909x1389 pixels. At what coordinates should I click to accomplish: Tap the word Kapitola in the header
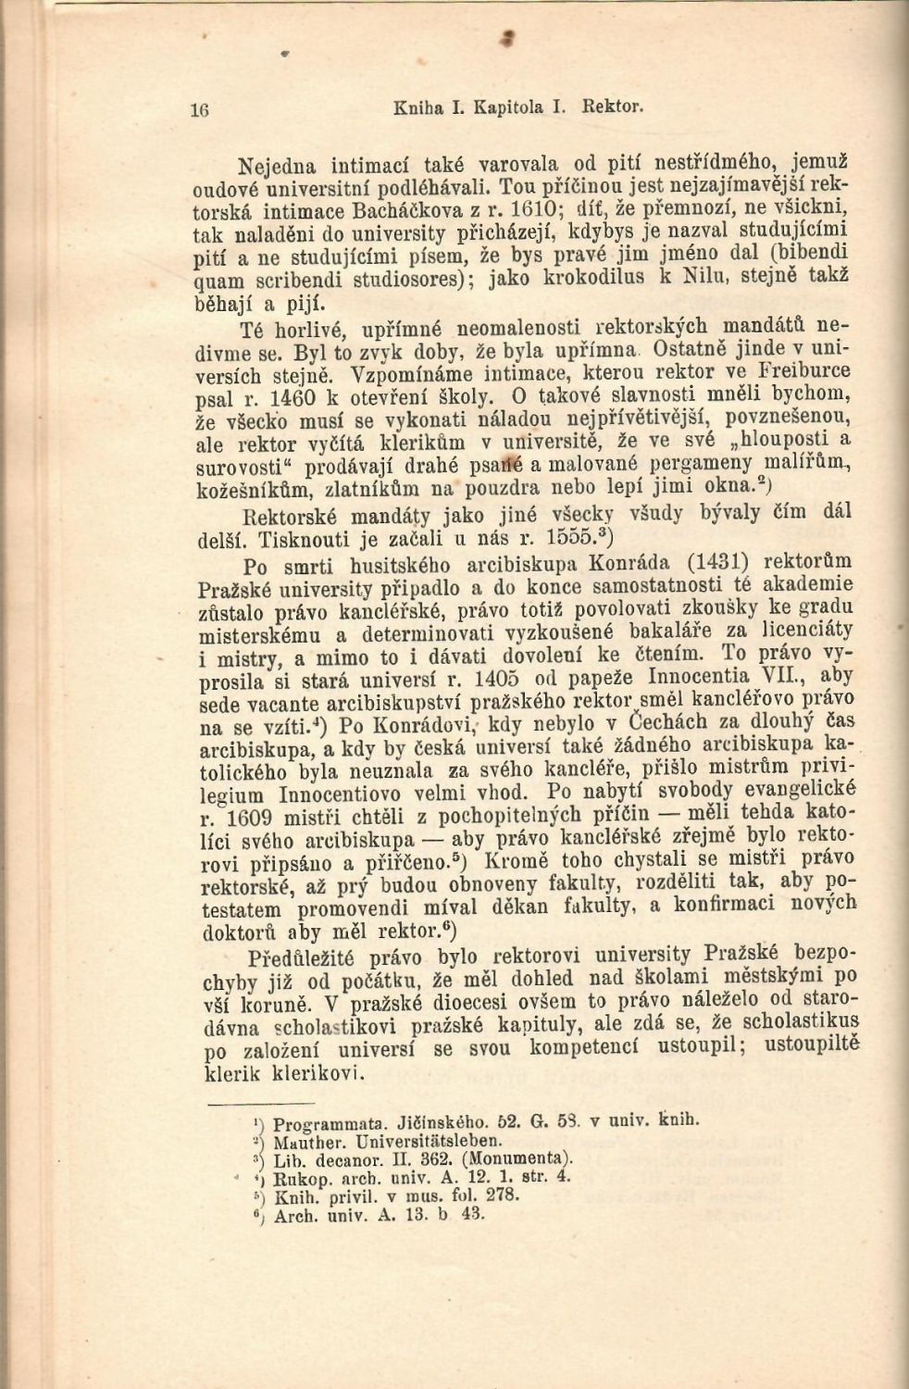(x=506, y=106)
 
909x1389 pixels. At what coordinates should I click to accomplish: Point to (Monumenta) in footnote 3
(x=523, y=1158)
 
